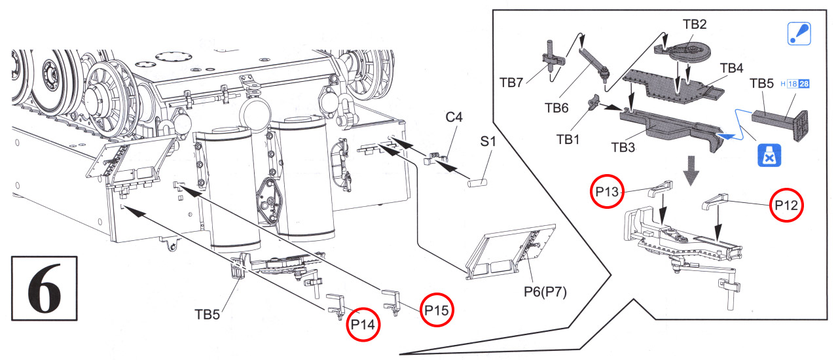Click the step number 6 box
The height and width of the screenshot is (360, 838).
click(44, 288)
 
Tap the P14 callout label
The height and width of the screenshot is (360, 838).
click(363, 324)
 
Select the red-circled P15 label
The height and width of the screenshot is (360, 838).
click(437, 310)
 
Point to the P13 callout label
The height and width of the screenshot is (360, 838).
click(607, 192)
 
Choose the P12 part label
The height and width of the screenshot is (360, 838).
click(786, 205)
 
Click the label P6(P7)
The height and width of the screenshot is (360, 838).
click(545, 291)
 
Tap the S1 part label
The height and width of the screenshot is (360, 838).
click(488, 141)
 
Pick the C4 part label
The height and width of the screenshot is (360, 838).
click(454, 117)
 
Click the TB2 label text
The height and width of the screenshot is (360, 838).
click(695, 24)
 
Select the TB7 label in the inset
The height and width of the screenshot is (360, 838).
click(511, 82)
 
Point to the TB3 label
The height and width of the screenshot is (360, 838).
click(623, 147)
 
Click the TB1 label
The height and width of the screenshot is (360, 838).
click(568, 139)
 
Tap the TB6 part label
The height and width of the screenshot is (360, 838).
click(556, 108)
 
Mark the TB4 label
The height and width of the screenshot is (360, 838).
click(731, 68)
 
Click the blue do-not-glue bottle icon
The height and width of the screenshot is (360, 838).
click(769, 155)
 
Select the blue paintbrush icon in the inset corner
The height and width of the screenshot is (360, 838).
click(799, 33)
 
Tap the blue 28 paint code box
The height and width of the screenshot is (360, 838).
click(804, 84)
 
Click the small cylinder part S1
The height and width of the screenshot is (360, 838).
click(477, 183)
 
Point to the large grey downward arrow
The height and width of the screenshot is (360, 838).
click(691, 170)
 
